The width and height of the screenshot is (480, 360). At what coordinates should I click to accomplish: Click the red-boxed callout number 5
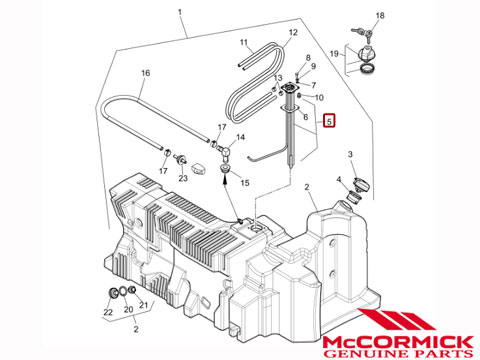pos(329,121)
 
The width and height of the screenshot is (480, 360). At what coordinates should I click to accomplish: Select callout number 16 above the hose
pos(146,73)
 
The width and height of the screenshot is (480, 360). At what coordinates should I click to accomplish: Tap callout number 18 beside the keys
pos(380,15)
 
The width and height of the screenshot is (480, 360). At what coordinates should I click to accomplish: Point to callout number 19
pos(334,53)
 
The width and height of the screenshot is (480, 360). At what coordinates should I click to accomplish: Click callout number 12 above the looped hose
pos(293,32)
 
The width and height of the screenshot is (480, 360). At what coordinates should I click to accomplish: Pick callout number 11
pos(244,42)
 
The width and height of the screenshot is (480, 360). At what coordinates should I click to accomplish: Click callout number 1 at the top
pos(180,12)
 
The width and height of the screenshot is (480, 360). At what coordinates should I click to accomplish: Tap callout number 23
pos(183,178)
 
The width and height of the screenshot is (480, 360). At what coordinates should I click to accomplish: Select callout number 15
pos(245,183)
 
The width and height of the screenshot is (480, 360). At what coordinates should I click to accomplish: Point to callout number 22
pos(108,312)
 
